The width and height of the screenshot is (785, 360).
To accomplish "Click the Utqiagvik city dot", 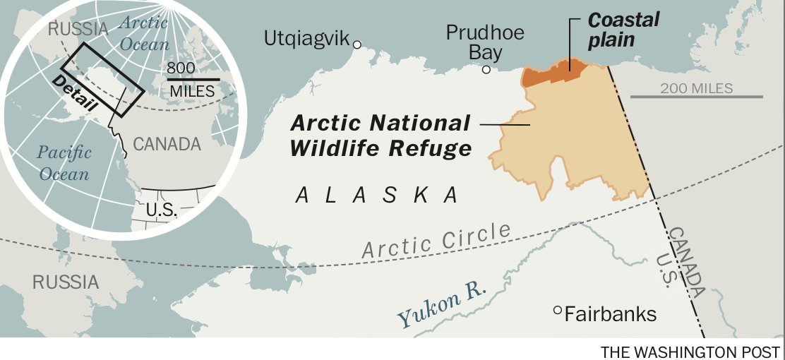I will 357,45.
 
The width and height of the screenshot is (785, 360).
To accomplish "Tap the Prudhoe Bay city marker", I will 486,69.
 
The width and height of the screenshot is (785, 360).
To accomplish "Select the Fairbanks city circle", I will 558,310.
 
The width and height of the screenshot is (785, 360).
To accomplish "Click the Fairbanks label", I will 611,313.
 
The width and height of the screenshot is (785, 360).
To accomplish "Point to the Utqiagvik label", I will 307,38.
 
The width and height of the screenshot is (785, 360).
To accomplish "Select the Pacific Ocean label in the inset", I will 64,163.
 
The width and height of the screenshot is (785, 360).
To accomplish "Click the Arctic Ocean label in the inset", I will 144,33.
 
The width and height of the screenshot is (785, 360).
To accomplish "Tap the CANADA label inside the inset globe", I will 167,145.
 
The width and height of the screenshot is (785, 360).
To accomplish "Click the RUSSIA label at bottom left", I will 66,282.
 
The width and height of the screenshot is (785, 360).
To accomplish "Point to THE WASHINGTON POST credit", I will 690,352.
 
